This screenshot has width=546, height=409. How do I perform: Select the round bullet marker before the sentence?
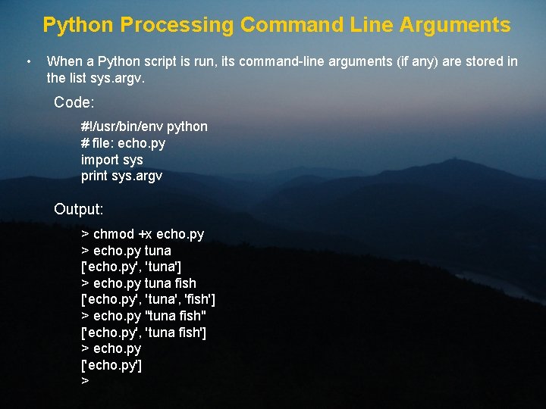coord(27,61)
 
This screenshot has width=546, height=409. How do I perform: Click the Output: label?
coord(79,208)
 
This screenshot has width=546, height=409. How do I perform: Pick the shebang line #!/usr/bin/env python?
coord(144,126)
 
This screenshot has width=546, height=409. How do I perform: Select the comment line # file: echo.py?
coord(123,143)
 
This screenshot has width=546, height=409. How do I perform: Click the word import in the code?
coord(99,160)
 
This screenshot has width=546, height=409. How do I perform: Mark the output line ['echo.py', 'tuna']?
coord(131,267)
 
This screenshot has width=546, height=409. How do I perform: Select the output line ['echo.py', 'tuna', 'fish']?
coord(148,299)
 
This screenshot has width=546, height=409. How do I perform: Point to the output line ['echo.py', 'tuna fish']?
coord(144,332)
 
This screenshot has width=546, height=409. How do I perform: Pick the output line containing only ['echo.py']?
coord(111,365)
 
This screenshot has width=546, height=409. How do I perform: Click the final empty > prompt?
coord(85,381)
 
